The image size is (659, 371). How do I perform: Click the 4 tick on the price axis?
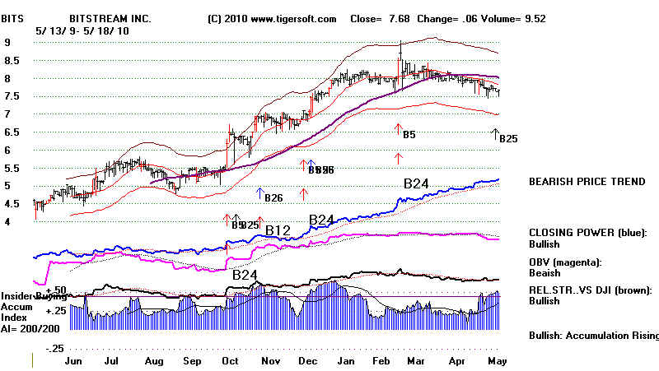(7, 221)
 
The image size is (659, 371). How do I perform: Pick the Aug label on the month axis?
(153, 360)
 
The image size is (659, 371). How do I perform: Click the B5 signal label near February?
(409, 133)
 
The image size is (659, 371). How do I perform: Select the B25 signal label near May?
(508, 139)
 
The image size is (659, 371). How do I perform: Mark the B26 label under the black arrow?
(274, 197)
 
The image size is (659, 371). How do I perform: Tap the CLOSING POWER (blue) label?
(586, 233)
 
